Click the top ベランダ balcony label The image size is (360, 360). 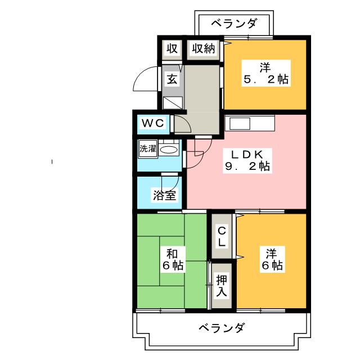[234, 24]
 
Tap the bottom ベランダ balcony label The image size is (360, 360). [221, 327]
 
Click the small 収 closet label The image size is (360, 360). [172, 49]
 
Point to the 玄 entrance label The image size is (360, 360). [172, 79]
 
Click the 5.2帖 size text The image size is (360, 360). [265, 79]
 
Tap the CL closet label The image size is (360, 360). [222, 236]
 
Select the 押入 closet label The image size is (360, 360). [222, 285]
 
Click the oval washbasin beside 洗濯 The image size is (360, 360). [168, 150]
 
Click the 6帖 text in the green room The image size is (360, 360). [171, 265]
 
